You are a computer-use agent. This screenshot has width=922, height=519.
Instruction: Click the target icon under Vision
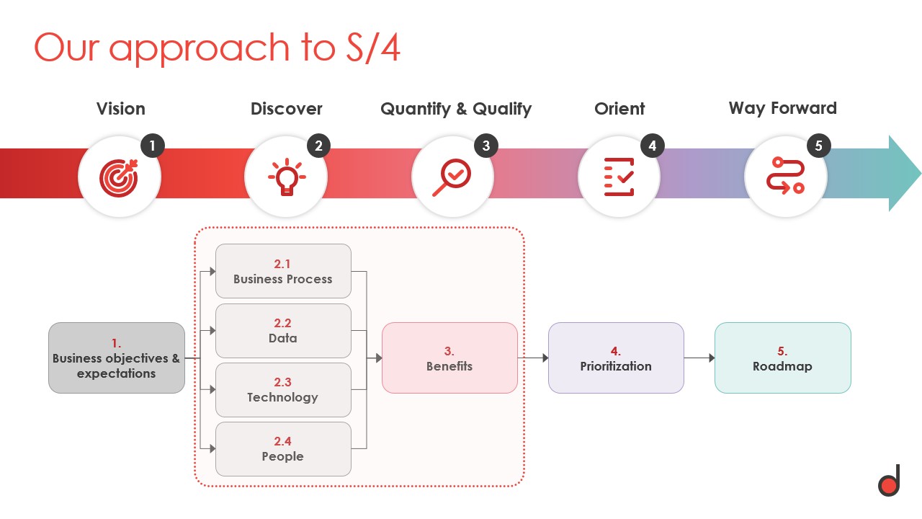[119, 177]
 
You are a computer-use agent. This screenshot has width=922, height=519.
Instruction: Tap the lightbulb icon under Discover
[286, 177]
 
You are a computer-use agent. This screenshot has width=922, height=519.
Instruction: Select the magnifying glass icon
[452, 177]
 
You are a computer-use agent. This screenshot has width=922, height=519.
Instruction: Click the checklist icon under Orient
[619, 177]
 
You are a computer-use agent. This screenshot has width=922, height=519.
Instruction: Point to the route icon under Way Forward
[785, 177]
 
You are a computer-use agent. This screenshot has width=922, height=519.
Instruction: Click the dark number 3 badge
[486, 146]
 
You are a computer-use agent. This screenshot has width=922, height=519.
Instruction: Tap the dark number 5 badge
[819, 146]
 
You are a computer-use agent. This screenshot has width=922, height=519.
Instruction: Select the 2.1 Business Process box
[283, 271]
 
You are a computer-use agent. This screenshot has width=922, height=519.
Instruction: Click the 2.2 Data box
[283, 330]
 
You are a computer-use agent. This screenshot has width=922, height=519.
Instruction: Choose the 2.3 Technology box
[283, 389]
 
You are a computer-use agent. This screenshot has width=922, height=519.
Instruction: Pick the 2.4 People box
[283, 448]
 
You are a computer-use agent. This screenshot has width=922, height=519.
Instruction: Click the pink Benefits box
[449, 358]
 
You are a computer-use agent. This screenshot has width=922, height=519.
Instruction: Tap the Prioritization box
[616, 358]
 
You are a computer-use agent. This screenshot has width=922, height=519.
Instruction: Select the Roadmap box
[782, 358]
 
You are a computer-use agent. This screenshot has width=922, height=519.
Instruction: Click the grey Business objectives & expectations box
[117, 358]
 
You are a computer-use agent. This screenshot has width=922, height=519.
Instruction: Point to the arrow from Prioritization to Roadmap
[699, 358]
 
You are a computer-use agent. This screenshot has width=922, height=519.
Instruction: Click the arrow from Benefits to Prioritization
[532, 358]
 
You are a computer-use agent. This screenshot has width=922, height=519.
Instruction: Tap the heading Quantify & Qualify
[456, 109]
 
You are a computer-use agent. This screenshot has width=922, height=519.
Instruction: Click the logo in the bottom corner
[889, 481]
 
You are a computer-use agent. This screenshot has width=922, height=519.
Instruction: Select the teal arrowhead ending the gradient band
[903, 173]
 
